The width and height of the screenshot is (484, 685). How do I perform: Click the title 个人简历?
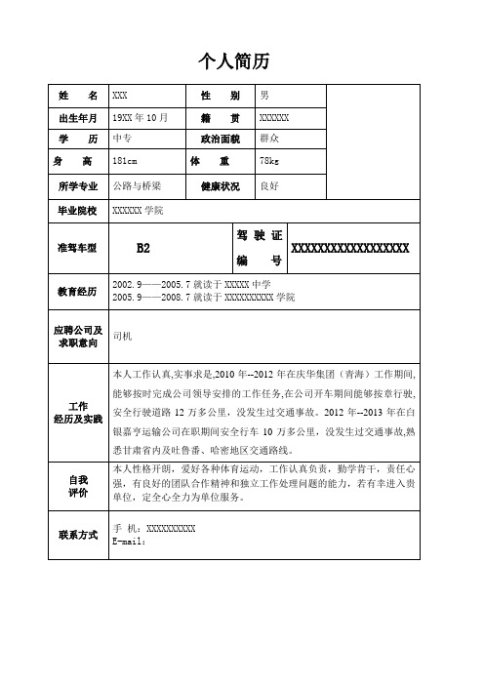tap(241, 62)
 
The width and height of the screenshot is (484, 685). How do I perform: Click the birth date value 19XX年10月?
tap(141, 117)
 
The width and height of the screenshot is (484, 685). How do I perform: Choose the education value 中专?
tap(124, 139)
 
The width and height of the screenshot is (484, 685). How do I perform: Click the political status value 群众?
tap(270, 139)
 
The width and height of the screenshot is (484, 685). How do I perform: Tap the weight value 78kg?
tap(269, 160)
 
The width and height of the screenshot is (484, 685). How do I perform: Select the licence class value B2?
tap(142, 248)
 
